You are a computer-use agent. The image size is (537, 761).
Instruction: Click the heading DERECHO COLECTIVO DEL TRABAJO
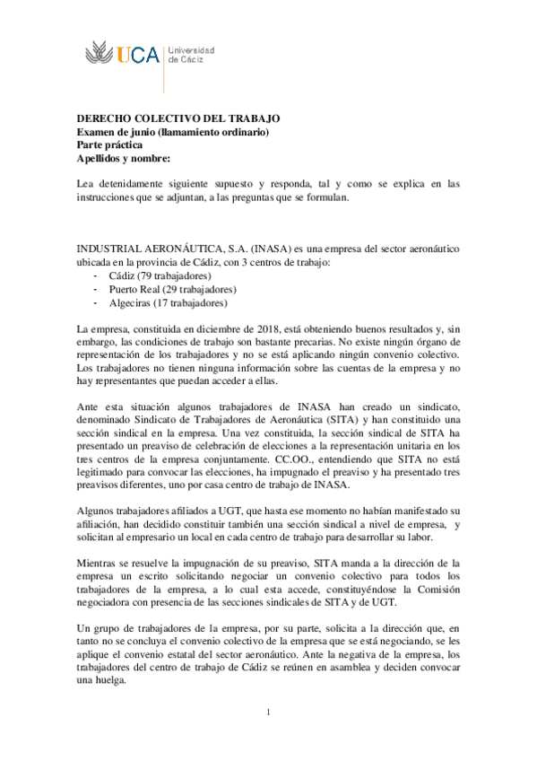179,118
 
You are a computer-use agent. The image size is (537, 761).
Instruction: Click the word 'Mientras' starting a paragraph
98,561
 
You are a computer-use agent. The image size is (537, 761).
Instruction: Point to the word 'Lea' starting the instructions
84,183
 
